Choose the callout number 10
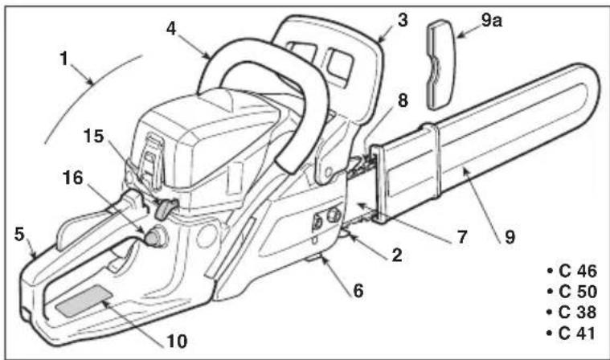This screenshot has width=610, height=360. click(178, 342)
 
